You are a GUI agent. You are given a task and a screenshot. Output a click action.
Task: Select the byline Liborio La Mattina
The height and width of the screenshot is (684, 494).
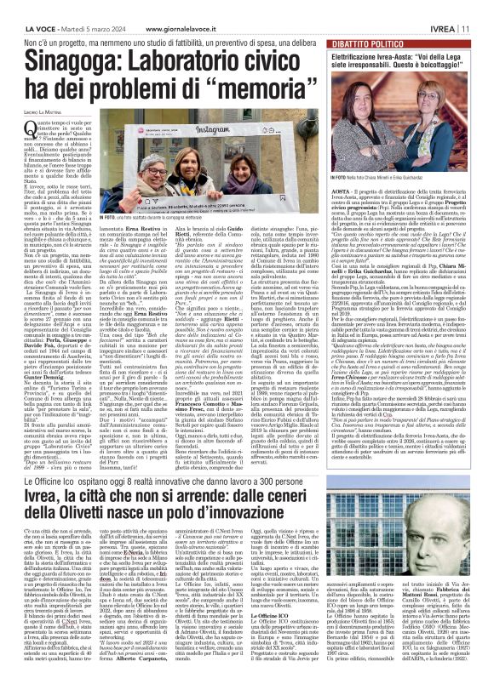(40, 103)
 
